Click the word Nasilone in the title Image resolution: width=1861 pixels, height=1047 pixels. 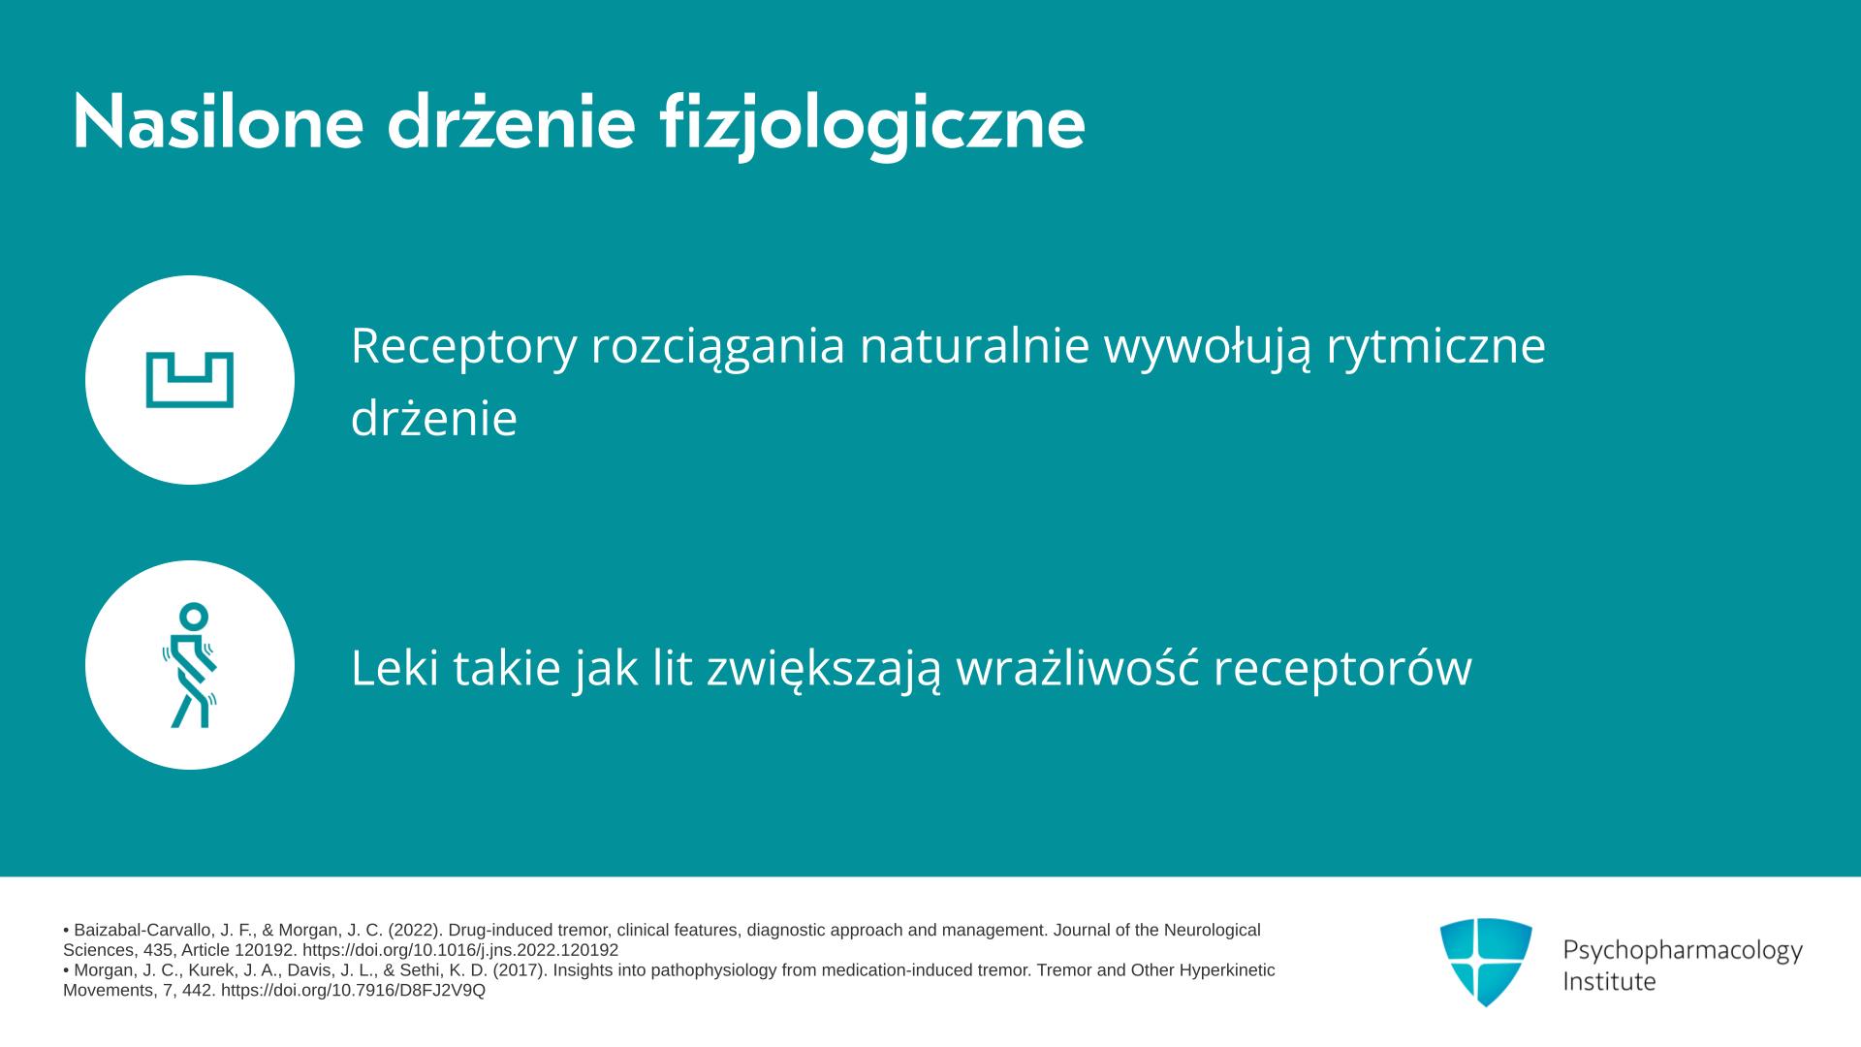tap(218, 122)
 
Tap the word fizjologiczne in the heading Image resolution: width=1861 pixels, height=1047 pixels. tap(872, 124)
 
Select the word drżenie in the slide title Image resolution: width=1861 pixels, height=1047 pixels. tap(512, 122)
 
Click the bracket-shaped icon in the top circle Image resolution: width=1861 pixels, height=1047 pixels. tap(190, 380)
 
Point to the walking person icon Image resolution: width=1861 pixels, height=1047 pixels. tap(190, 665)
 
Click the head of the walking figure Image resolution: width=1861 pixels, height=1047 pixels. tap(194, 617)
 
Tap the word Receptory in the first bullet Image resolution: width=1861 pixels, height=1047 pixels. tap(463, 346)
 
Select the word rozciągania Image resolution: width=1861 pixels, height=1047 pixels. tap(718, 347)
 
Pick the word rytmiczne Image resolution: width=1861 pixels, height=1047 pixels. tap(1435, 346)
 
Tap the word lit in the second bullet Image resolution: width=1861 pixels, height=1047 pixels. tap(673, 667)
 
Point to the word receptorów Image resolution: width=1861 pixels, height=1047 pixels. tap(1342, 669)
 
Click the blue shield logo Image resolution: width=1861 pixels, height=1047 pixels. tap(1486, 962)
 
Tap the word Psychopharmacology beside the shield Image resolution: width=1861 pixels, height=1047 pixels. tap(1683, 951)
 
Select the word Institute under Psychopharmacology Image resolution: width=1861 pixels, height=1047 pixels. tap(1609, 981)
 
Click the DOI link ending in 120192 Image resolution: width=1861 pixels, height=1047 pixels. tap(460, 951)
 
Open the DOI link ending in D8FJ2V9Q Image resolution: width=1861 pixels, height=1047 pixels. tap(353, 991)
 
